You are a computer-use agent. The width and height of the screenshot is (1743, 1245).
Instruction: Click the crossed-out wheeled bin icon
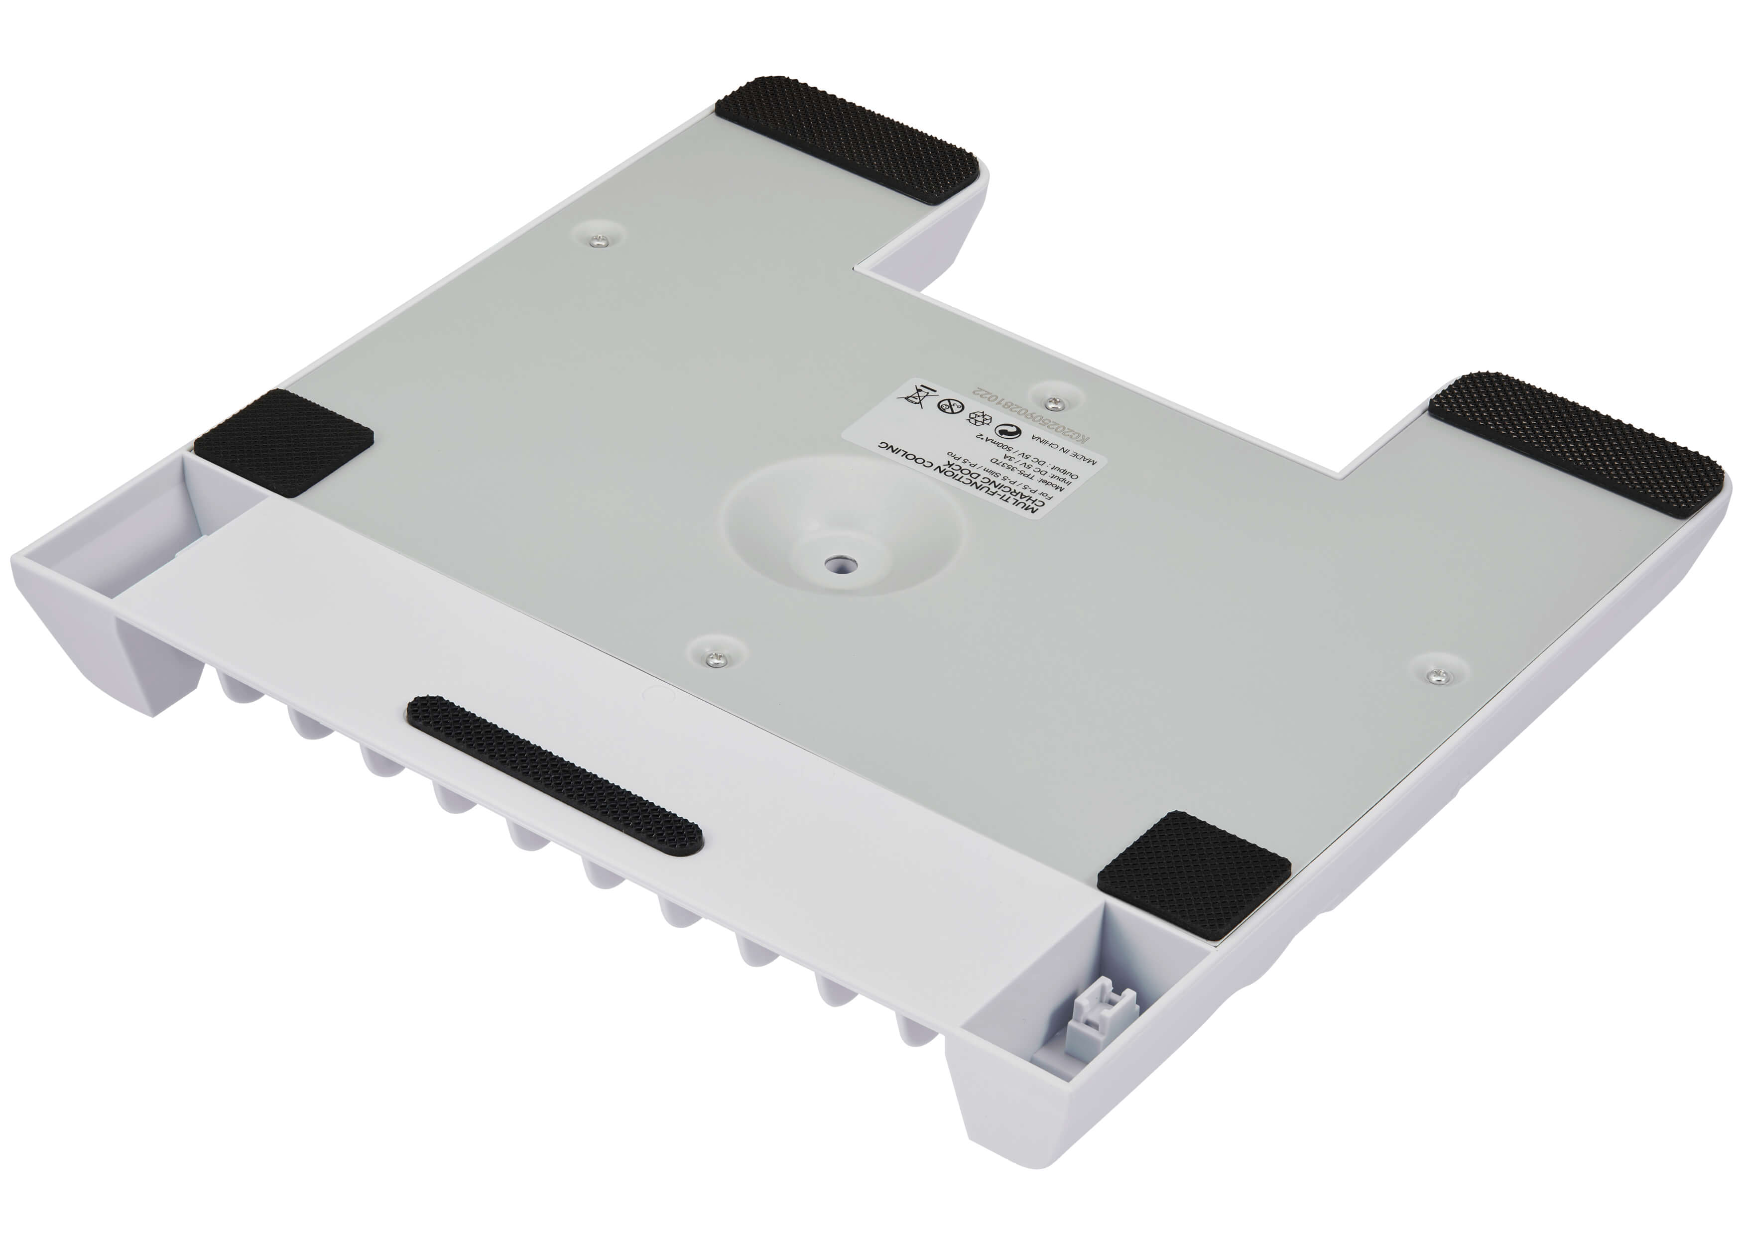point(917,397)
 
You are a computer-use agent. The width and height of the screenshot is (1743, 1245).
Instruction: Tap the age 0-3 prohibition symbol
point(951,406)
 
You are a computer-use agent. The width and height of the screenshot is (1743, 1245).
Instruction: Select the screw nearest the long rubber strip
point(716,657)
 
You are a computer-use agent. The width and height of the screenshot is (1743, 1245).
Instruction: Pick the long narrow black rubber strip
point(554,774)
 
